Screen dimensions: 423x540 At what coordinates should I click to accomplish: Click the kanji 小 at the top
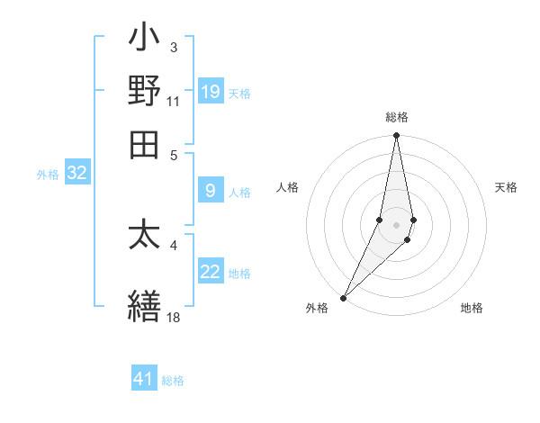click(x=144, y=41)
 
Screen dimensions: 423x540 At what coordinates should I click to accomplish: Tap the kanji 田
click(x=144, y=144)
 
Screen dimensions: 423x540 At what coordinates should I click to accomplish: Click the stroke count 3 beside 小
click(x=174, y=47)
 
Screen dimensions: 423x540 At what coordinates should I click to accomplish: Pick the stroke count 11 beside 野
click(x=173, y=101)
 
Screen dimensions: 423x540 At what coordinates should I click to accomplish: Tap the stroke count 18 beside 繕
click(x=173, y=317)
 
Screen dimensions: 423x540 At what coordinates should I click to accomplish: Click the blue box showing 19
click(x=211, y=92)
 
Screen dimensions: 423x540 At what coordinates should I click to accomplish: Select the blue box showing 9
click(x=211, y=190)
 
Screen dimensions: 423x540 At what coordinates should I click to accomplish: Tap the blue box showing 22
click(x=211, y=272)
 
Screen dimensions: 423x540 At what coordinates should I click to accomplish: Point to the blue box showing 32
click(x=76, y=173)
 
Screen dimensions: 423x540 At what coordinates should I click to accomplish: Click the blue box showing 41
click(x=144, y=379)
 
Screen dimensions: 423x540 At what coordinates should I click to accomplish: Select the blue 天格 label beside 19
click(x=239, y=93)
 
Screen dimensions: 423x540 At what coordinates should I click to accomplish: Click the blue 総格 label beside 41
click(x=173, y=381)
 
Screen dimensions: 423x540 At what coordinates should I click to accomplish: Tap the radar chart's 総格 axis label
click(x=396, y=118)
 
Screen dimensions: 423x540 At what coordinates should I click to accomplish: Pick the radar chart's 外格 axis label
click(x=317, y=308)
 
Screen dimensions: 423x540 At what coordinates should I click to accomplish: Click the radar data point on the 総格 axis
click(x=396, y=137)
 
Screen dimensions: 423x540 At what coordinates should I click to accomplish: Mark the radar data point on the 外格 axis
click(x=344, y=298)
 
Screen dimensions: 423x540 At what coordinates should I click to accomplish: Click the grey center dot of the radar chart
click(x=396, y=224)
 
